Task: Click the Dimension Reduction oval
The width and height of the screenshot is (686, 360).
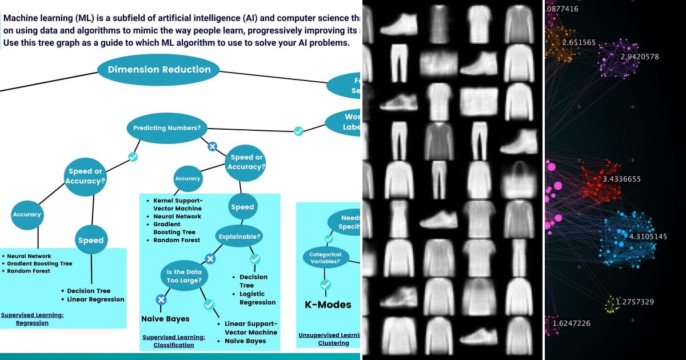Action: [159, 70]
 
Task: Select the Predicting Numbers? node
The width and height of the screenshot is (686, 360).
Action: [167, 128]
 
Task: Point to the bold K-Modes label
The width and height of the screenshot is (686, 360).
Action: [328, 305]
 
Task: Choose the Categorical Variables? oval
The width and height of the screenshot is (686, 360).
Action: [325, 258]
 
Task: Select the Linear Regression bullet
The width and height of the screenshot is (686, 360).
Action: [95, 299]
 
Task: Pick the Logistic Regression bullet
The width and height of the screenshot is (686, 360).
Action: [257, 298]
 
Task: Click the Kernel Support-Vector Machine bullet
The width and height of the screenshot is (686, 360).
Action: [178, 205]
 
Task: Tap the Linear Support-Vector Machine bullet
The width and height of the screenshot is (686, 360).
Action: [250, 328]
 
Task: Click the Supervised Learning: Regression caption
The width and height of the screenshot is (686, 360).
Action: [32, 319]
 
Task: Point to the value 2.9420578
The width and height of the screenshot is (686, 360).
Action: [639, 57]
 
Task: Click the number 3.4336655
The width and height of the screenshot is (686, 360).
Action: [621, 179]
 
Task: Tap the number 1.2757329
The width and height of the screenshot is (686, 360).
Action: [635, 302]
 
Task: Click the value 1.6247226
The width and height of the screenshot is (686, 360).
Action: [571, 323]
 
